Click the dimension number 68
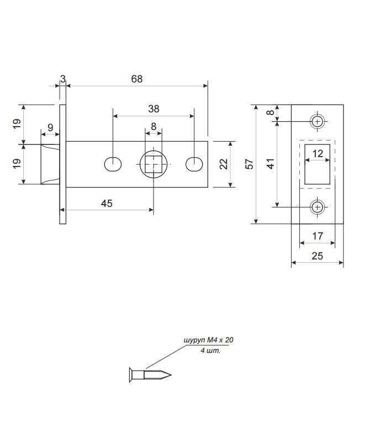136,79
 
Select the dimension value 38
154,108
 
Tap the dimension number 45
107,203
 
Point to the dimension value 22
224,164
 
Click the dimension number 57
249,164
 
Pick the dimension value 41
271,164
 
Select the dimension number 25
317,256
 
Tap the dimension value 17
317,236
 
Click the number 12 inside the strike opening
318,154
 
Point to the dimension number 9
50,127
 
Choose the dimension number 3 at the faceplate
63,80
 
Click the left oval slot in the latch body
113,164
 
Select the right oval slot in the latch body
194,164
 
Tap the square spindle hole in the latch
154,164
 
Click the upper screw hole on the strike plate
317,121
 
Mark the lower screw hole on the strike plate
317,207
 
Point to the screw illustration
149,375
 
